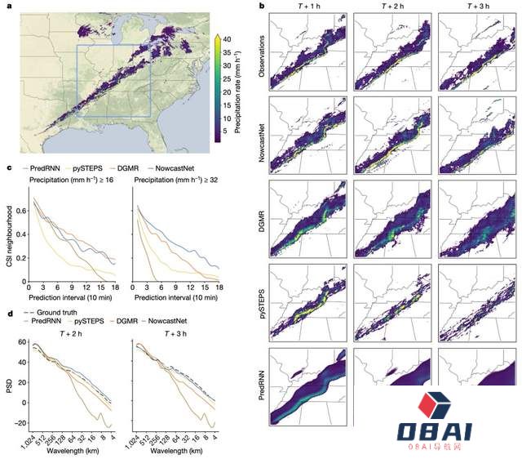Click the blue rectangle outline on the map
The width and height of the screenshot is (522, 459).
pyautogui.click(x=77, y=82)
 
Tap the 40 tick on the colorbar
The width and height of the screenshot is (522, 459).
pyautogui.click(x=228, y=38)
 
